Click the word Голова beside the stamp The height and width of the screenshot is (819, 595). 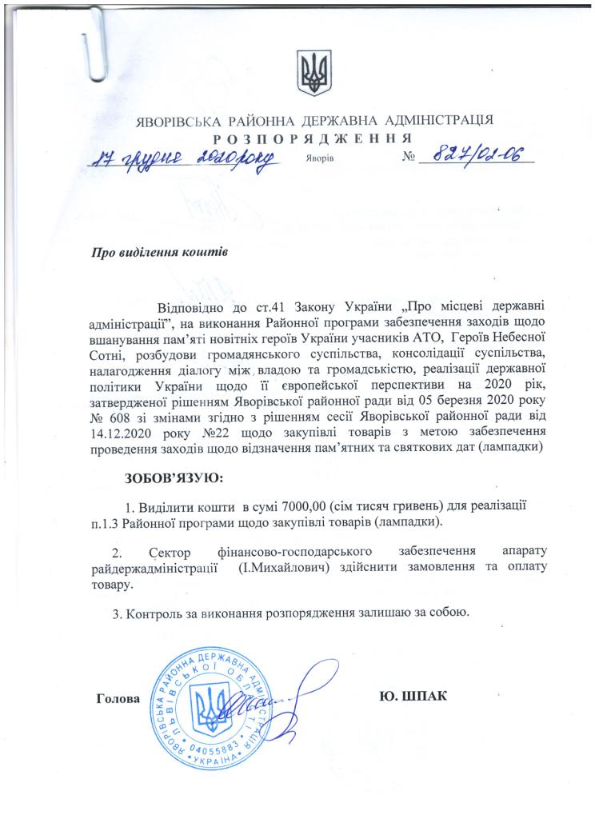coord(118,697)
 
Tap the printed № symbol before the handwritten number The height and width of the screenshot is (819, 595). coord(411,157)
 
